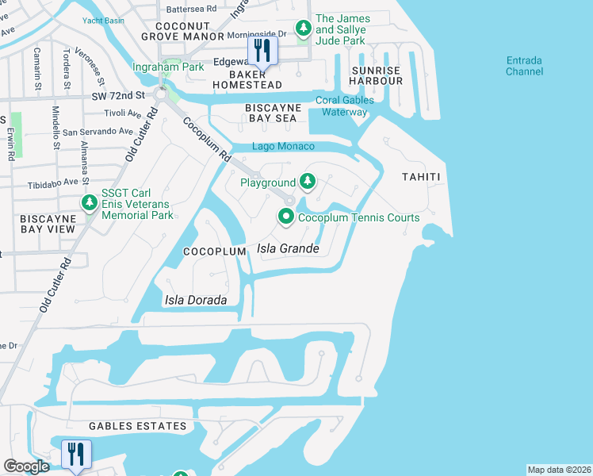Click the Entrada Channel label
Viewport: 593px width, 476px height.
coord(525,66)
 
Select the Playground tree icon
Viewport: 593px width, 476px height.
coord(308,183)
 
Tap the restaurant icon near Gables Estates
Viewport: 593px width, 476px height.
coord(76,454)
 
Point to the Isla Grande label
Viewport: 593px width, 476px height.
coord(289,249)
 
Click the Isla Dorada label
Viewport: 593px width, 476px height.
coord(195,301)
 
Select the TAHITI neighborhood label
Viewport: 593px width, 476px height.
coord(420,176)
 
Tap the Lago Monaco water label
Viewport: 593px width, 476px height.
coord(283,147)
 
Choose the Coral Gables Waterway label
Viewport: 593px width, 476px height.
coord(342,106)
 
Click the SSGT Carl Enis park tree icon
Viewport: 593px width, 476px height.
coord(90,204)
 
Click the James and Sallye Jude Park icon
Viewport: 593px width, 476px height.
coord(303,29)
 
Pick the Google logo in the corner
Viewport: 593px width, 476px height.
coord(26,466)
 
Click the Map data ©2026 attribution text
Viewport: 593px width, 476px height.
coord(559,470)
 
